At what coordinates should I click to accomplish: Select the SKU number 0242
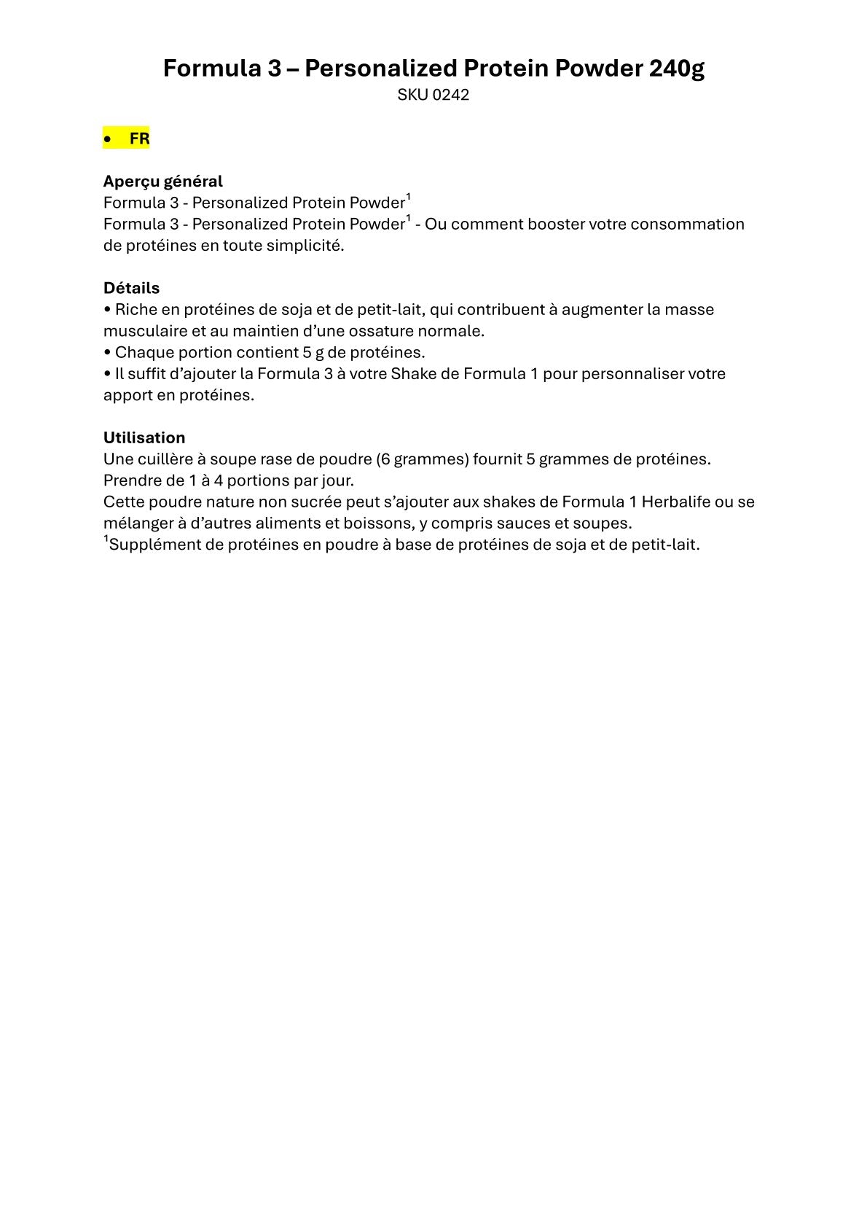tap(450, 95)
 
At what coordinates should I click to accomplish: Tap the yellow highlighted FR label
tap(139, 139)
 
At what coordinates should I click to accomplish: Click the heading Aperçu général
tap(163, 181)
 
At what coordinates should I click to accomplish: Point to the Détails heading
tap(131, 288)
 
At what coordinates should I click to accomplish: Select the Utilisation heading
tap(144, 437)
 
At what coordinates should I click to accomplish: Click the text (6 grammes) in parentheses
tap(423, 459)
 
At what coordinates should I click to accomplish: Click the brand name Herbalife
tap(676, 502)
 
